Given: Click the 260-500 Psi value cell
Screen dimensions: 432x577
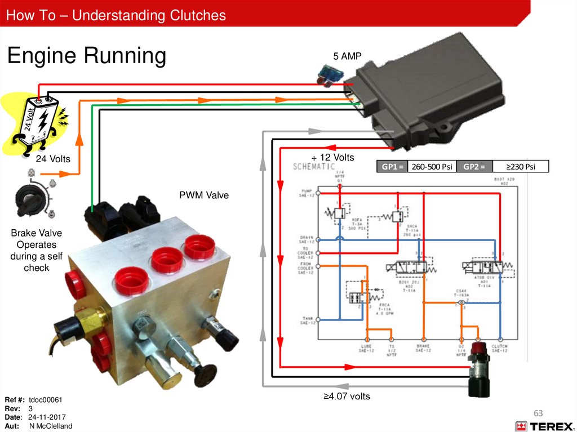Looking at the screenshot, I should point(431,166).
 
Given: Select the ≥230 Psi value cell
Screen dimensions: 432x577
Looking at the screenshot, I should point(520,166).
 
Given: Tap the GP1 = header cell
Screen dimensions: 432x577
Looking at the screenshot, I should point(392,166).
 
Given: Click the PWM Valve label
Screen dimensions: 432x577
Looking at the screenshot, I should point(204,196).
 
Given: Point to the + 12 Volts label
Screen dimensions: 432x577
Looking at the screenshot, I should point(332,157).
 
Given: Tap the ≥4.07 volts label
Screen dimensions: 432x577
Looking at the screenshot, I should point(347,396).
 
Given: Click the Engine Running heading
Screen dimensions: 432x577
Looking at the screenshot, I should point(86,56).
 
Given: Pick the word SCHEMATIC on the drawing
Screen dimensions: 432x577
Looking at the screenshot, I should point(314,167).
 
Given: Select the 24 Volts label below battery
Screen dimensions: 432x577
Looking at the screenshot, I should point(54,159).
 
